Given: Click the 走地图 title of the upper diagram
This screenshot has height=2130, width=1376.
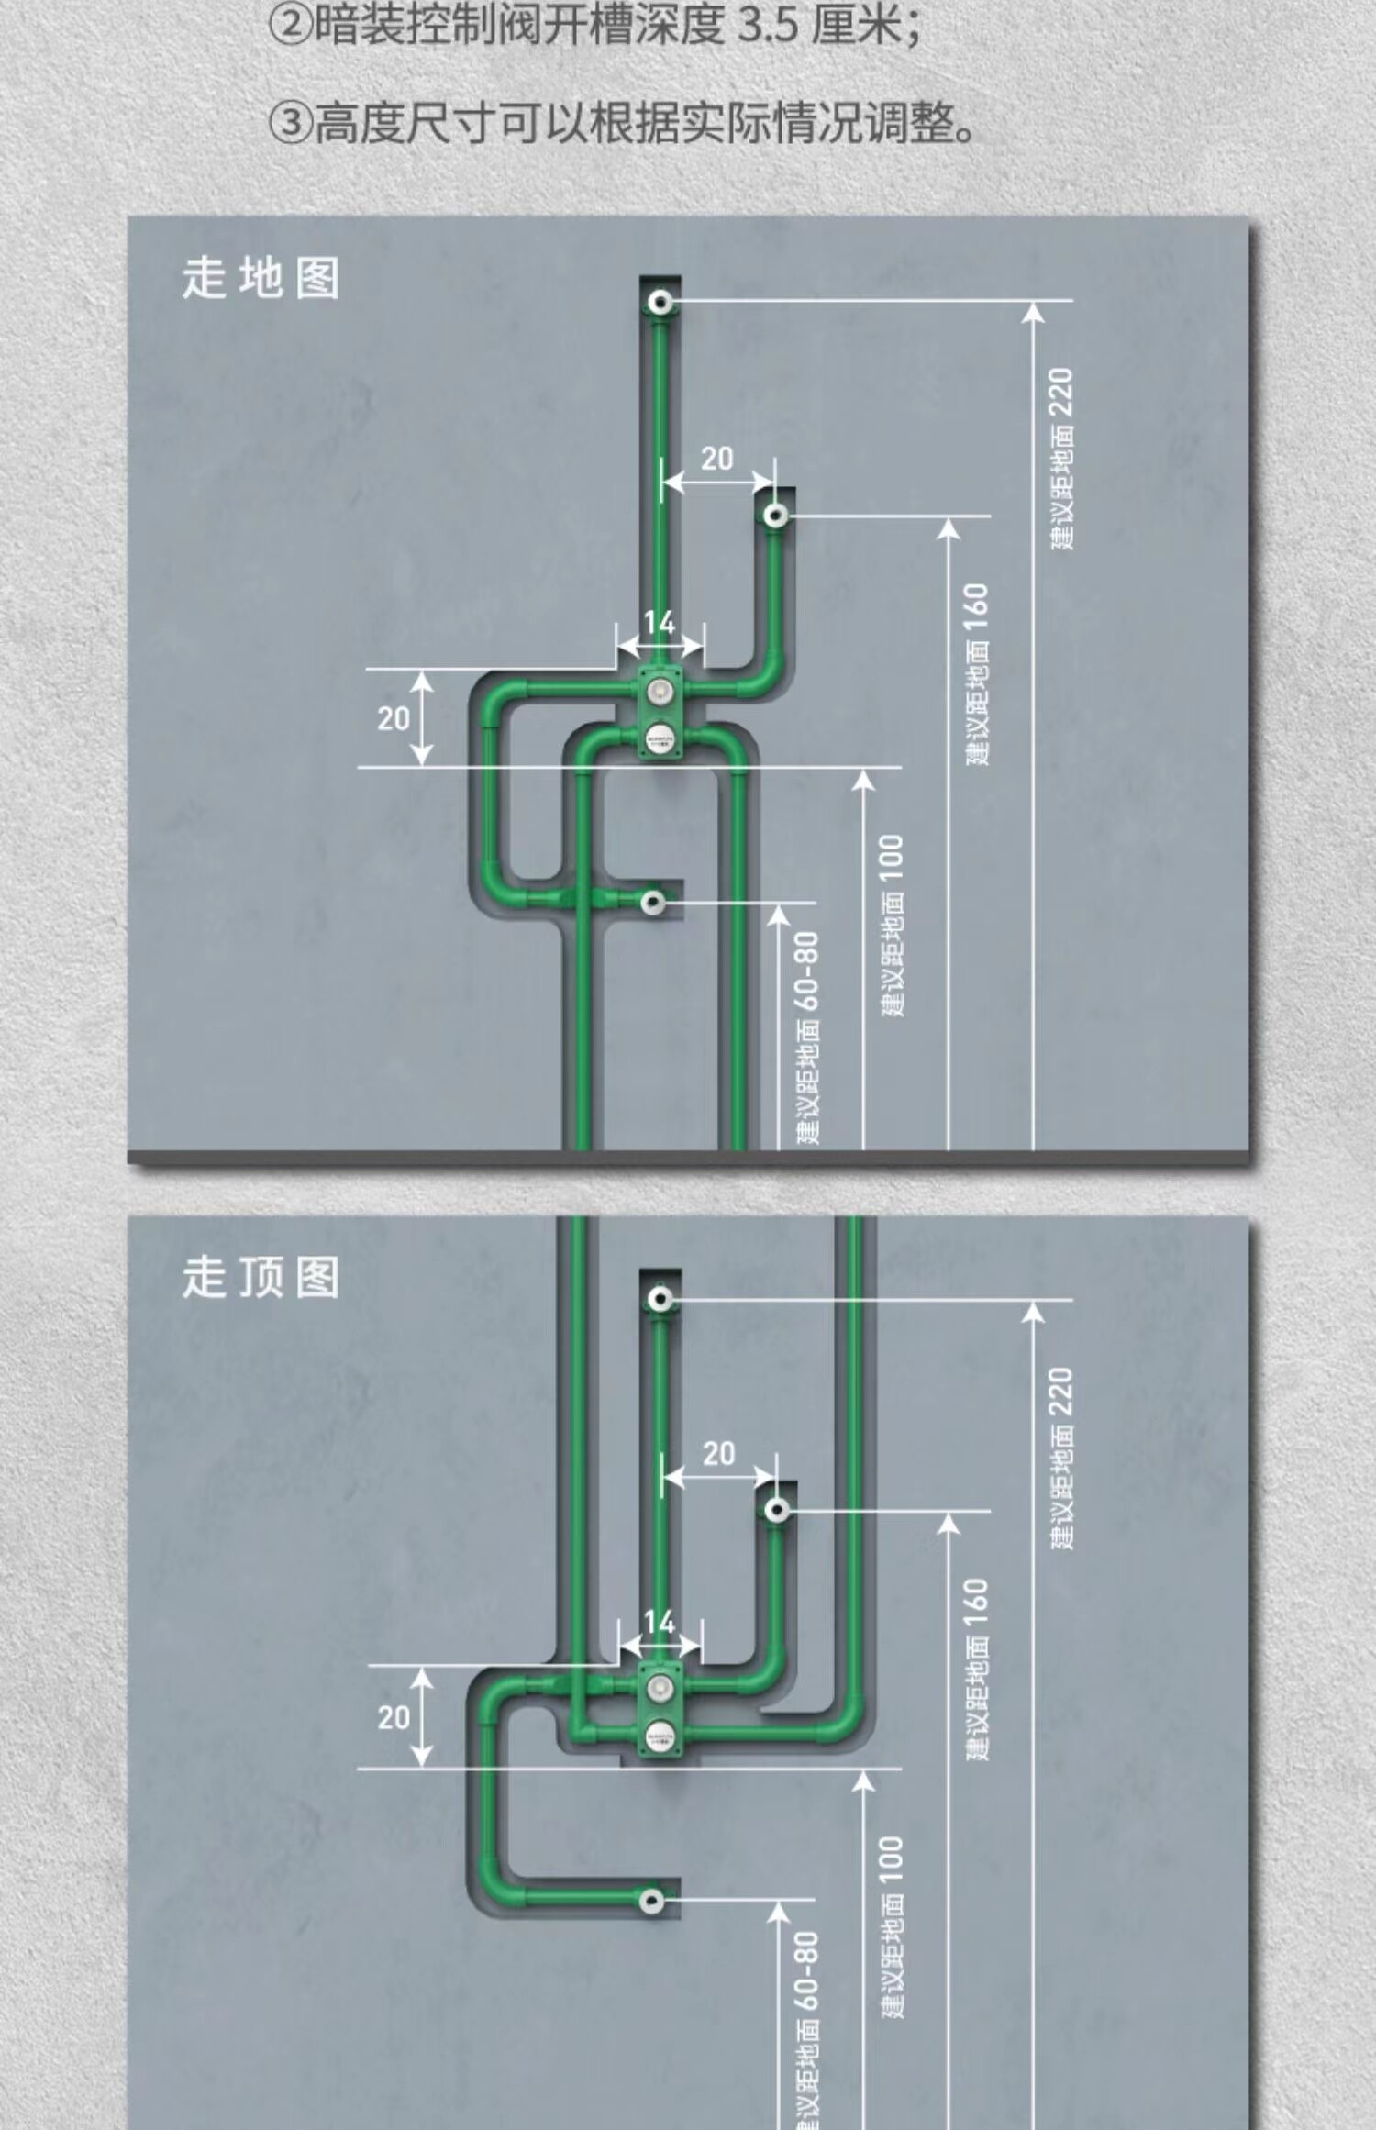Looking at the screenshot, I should point(261,278).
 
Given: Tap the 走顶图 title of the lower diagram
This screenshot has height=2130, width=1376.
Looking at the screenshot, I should point(261,1277).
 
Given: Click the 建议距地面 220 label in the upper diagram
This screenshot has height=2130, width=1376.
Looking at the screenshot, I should point(1062,459).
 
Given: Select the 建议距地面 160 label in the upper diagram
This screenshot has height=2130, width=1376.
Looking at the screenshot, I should point(978,674).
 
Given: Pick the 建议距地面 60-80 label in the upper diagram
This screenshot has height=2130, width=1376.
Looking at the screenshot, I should point(807,1037).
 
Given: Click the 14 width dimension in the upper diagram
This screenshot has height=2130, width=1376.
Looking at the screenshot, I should point(660,624).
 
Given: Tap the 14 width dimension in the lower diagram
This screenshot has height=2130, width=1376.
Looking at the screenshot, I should point(660,1623).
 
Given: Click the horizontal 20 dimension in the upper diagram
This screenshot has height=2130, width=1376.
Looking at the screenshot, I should point(717,459).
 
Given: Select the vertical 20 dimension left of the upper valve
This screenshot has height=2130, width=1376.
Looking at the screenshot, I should point(394,718).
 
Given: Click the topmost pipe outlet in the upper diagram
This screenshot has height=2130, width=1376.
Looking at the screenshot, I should point(660,302).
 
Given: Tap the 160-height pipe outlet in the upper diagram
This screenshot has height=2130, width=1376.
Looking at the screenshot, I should point(776,516).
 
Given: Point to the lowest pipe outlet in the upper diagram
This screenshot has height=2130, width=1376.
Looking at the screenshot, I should point(653,902).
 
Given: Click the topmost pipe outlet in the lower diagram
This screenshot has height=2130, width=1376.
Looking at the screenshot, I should point(660,1299).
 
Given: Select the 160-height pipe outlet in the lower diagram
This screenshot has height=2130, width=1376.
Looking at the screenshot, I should point(777,1510).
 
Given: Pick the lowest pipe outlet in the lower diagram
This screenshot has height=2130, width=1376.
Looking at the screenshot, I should point(653,1899).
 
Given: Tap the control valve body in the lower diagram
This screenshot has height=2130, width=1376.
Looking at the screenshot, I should point(660,1710).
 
